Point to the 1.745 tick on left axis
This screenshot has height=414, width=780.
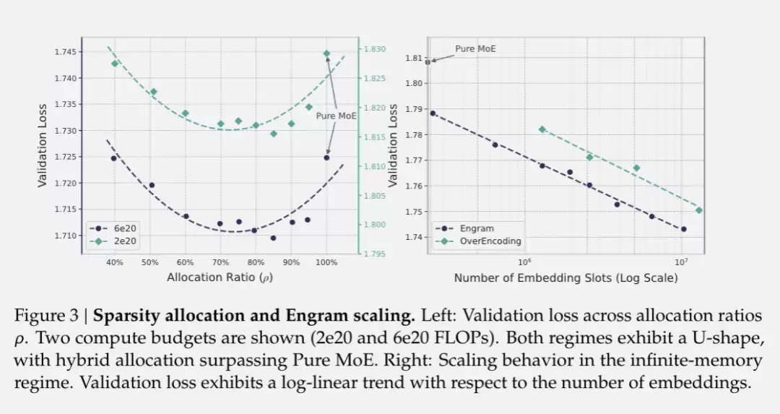(66, 52)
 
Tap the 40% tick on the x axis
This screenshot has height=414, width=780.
(114, 262)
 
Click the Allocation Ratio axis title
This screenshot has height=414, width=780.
(220, 277)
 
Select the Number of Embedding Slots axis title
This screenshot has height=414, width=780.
(565, 277)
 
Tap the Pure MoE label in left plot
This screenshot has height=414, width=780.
(337, 116)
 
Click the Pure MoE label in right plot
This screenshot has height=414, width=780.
(475, 49)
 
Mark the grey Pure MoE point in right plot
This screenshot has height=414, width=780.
(428, 62)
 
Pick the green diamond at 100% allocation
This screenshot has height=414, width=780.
(326, 53)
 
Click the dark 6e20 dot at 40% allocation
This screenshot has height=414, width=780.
(114, 158)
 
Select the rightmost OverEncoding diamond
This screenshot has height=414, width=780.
(699, 210)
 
